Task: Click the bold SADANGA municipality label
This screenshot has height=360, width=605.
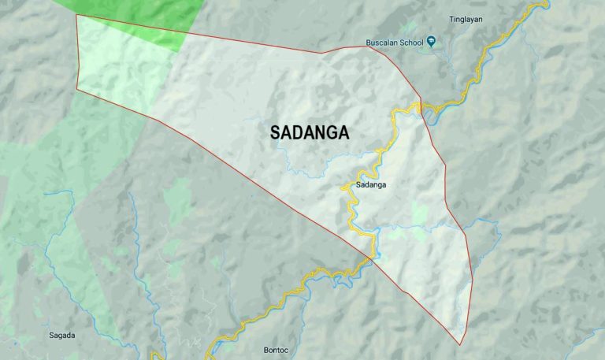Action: (310, 133)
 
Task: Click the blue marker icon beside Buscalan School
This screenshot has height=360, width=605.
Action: (432, 42)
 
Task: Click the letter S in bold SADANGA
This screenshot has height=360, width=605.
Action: (275, 133)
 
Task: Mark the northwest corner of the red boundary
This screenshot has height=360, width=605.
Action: (76, 15)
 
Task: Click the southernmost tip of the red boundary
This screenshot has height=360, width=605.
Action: (461, 344)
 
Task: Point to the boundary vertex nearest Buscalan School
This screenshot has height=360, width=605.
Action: (368, 46)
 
